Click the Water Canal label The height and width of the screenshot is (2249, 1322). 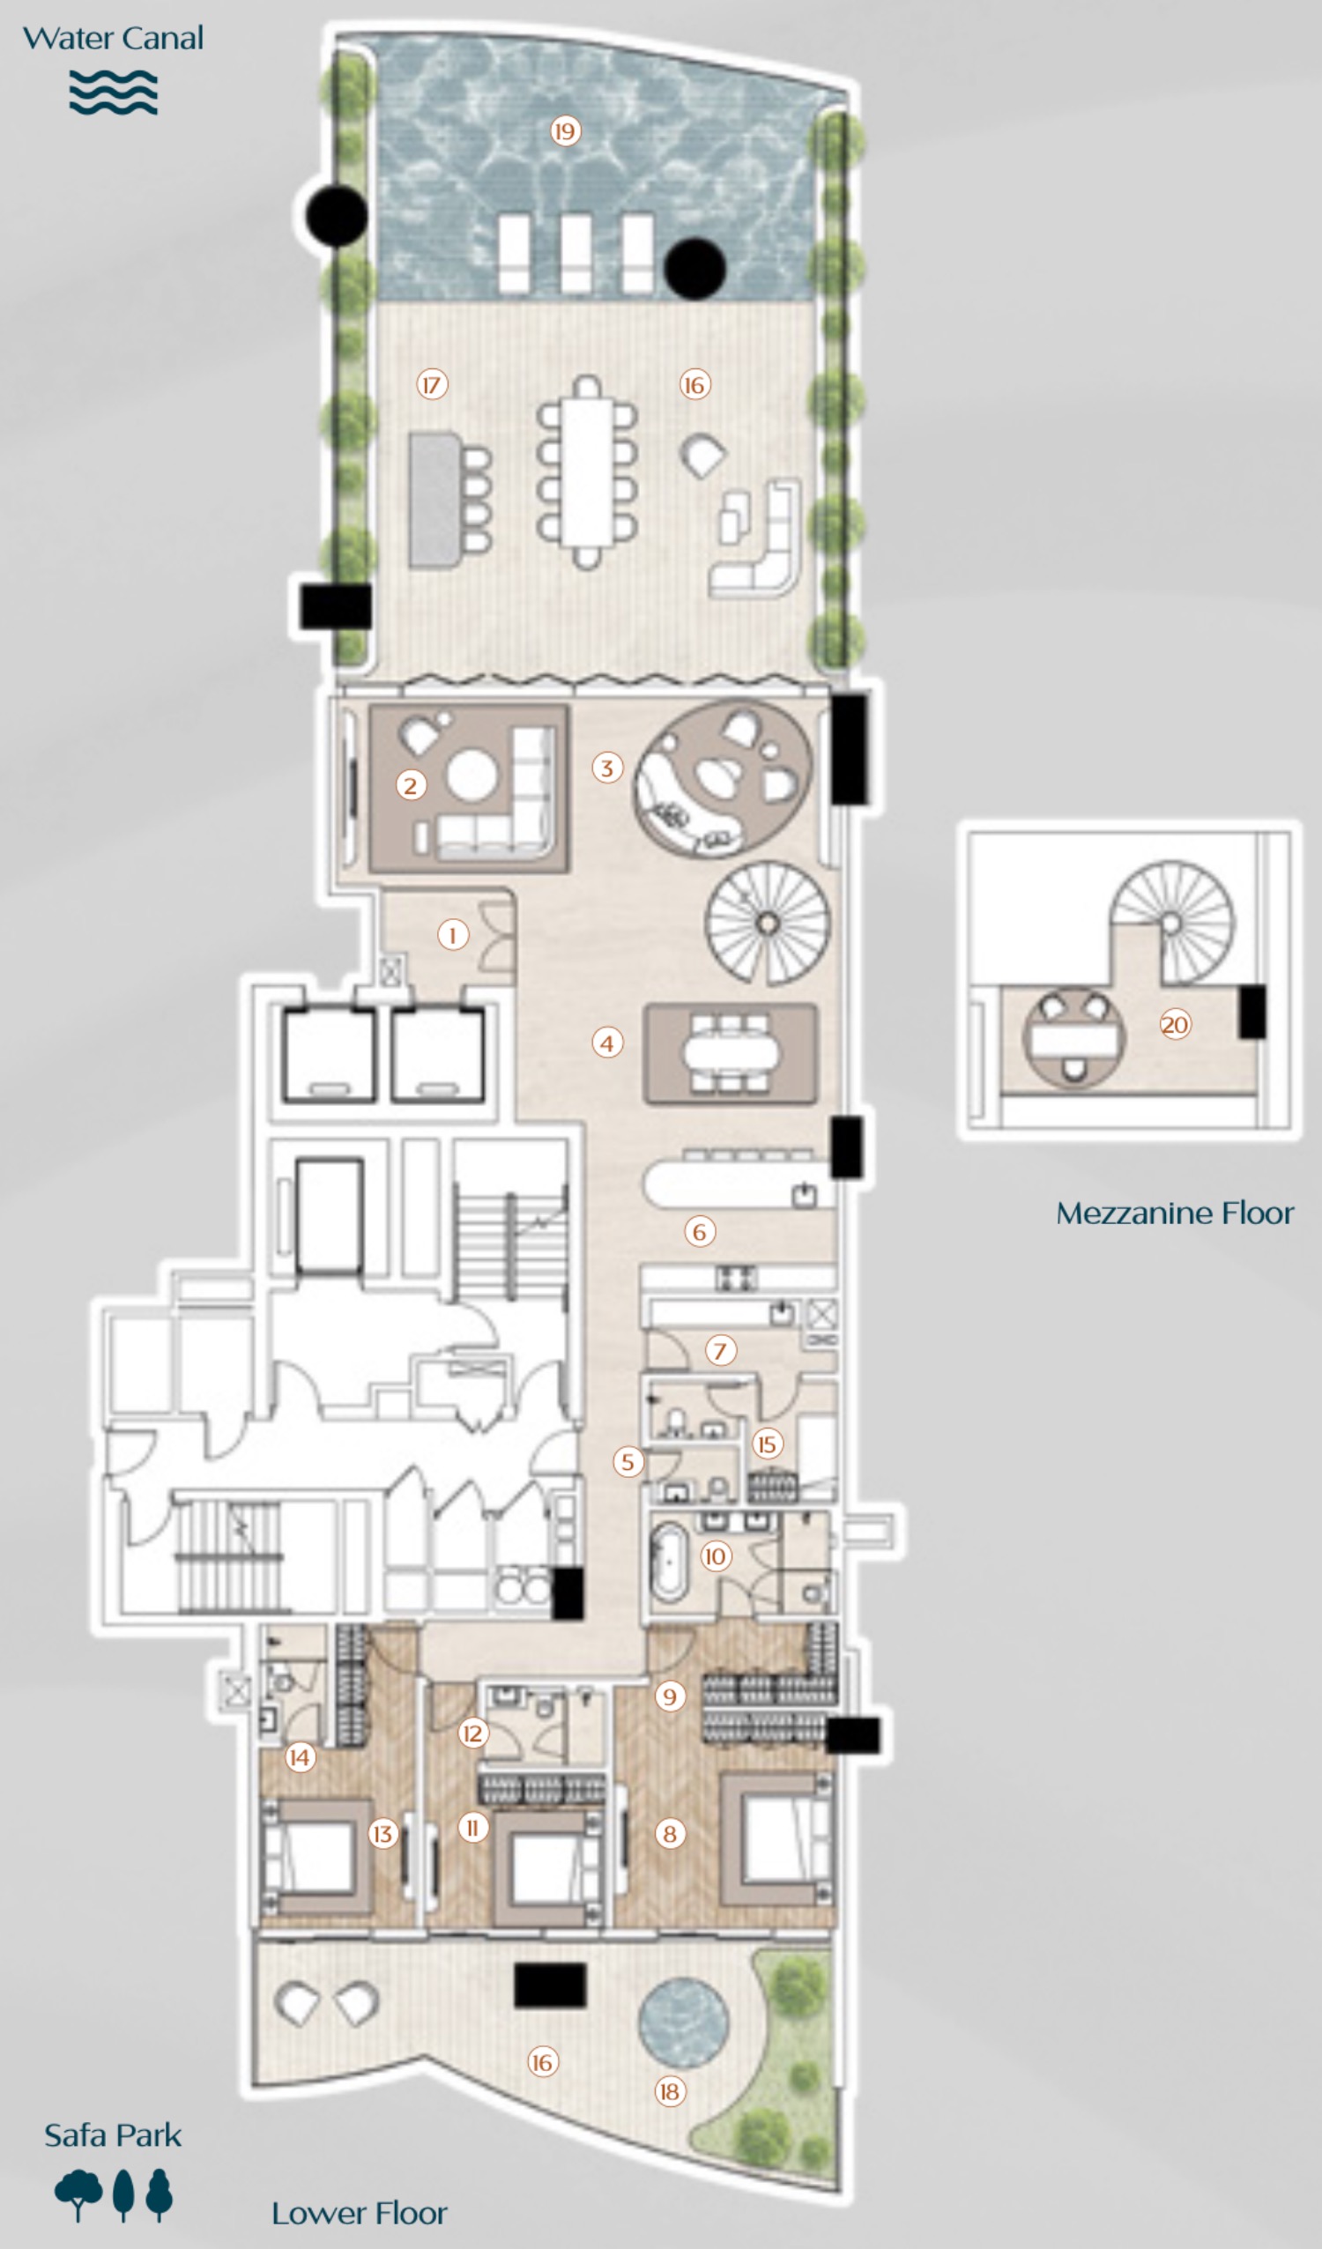113,39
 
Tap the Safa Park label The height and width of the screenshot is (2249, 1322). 113,2134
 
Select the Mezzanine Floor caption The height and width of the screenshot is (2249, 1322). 1174,1213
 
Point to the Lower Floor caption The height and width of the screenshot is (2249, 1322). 359,2212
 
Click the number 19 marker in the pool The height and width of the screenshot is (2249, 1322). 564,131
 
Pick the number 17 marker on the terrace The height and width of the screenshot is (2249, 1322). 432,384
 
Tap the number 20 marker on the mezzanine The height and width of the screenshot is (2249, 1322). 1175,1024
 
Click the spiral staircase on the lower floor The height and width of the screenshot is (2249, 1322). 767,923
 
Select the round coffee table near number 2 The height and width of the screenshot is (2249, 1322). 472,775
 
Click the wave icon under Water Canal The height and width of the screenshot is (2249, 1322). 114,93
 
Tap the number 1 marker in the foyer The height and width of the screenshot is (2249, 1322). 453,934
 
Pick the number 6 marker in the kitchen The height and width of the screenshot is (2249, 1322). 699,1232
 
